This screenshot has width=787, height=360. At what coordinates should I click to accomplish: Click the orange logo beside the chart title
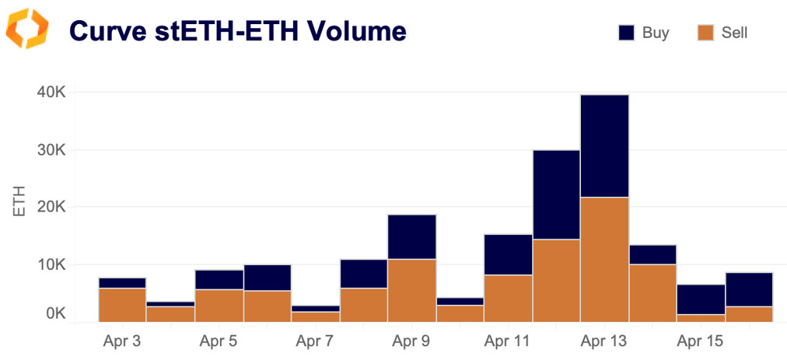click(x=27, y=30)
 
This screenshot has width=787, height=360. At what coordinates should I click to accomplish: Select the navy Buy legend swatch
click(x=627, y=33)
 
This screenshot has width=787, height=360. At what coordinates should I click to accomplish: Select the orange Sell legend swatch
click(x=705, y=33)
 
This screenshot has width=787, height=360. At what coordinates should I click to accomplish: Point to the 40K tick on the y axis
click(x=51, y=93)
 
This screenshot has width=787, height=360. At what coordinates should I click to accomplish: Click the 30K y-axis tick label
click(x=51, y=150)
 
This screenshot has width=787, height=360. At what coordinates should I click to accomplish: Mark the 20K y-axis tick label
click(x=51, y=208)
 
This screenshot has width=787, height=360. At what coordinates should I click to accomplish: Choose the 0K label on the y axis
click(x=54, y=314)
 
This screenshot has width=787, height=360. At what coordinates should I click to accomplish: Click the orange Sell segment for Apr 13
click(x=604, y=259)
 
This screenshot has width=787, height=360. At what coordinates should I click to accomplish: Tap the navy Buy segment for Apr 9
click(x=411, y=236)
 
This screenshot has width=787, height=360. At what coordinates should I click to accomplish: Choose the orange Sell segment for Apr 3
click(x=122, y=304)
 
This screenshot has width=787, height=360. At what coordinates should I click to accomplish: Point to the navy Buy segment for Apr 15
click(x=701, y=299)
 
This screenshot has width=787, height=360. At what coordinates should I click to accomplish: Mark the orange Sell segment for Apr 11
click(x=508, y=298)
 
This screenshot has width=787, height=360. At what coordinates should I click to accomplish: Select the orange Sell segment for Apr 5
click(x=219, y=305)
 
